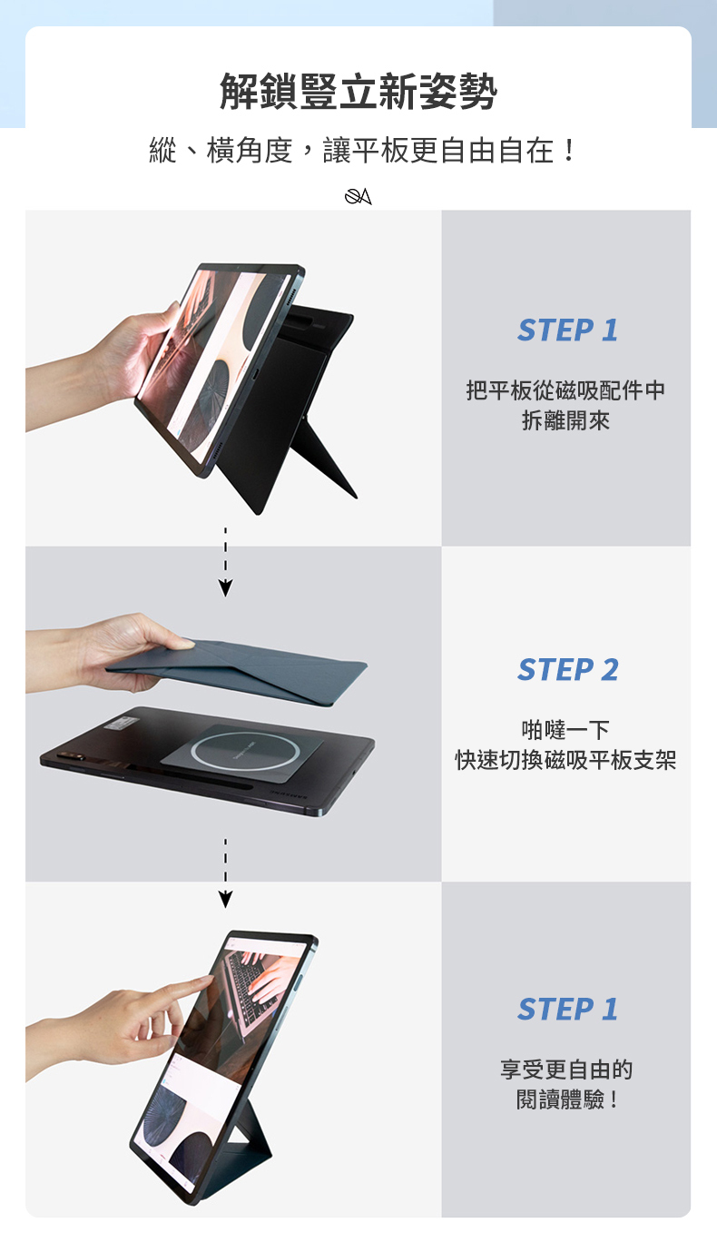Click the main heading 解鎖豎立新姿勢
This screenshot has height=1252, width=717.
(x=358, y=91)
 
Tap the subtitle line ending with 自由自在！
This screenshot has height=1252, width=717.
(x=363, y=151)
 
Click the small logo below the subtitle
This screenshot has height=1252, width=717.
(x=358, y=196)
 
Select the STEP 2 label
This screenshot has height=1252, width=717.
(x=568, y=670)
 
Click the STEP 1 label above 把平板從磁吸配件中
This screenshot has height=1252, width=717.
(x=567, y=330)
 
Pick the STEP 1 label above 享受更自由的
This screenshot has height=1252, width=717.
(x=567, y=1009)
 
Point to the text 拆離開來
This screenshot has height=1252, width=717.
(x=565, y=420)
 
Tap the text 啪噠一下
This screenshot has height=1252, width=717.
(x=565, y=729)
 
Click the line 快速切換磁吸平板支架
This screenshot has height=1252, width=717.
(x=565, y=760)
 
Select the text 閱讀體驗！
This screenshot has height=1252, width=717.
(x=565, y=1099)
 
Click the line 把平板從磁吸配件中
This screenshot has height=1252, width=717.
(x=565, y=390)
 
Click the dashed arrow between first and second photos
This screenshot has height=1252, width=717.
(x=225, y=562)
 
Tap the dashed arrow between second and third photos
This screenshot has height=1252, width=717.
(x=225, y=872)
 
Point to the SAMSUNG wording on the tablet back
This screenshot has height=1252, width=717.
(x=289, y=794)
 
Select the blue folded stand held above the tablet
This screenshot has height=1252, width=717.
(x=238, y=671)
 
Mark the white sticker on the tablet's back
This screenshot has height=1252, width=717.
(x=122, y=724)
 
